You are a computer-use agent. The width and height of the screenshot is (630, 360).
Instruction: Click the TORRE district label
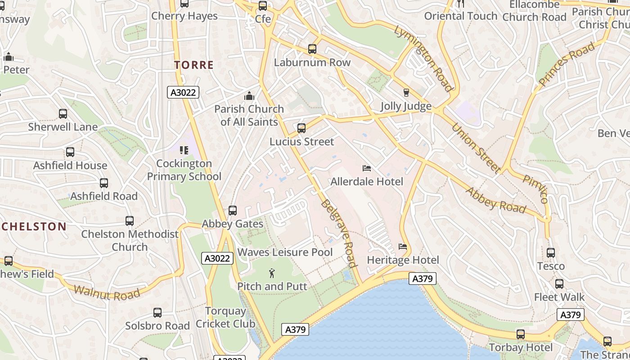(x=194, y=65)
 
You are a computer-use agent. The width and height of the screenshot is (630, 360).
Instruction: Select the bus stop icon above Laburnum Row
(x=312, y=49)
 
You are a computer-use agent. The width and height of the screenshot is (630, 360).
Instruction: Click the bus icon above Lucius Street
(x=301, y=128)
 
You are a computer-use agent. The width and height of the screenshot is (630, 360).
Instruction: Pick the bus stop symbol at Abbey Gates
(x=233, y=211)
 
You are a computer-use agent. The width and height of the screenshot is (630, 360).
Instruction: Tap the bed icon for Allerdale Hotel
(x=367, y=168)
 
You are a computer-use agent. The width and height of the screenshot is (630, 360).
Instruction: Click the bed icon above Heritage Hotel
(x=403, y=247)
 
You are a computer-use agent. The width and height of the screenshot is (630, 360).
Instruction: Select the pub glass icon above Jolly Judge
(x=406, y=93)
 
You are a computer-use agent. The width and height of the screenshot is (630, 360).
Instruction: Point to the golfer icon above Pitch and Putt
(x=272, y=273)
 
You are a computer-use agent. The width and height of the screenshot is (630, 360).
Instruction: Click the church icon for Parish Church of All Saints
(x=249, y=96)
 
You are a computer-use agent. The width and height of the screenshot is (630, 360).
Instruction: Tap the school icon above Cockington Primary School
(x=184, y=150)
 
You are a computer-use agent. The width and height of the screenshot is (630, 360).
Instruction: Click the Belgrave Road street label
(x=339, y=233)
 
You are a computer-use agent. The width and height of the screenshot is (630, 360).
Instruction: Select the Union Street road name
(x=476, y=148)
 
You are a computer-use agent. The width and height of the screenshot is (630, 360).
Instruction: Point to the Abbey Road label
(x=495, y=200)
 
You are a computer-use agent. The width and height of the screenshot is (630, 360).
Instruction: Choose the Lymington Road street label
(x=423, y=58)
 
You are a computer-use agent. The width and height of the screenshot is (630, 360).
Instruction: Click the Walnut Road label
(x=107, y=293)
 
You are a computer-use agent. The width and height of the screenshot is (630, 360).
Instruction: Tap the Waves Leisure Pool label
(x=285, y=252)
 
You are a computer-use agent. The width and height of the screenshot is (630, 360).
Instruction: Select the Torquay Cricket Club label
(x=225, y=317)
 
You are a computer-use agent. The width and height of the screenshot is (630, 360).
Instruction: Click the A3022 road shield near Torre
(x=183, y=93)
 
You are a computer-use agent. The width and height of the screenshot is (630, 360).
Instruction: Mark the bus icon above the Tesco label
(x=551, y=253)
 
